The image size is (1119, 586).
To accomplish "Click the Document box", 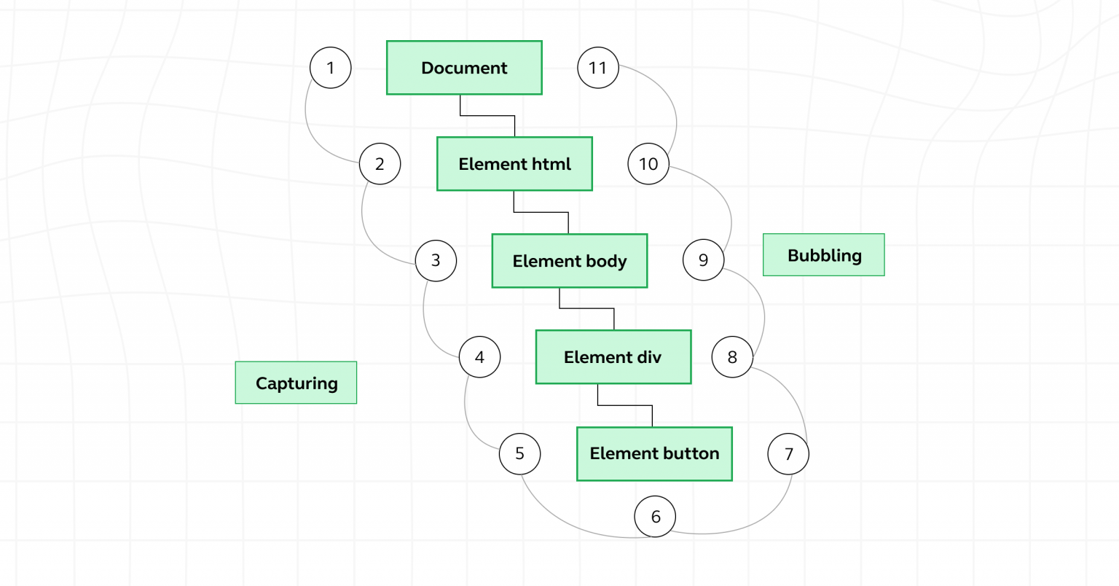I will pyautogui.click(x=464, y=68).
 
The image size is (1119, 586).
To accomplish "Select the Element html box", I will pyautogui.click(x=514, y=164).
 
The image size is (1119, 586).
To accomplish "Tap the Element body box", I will pyautogui.click(x=569, y=261).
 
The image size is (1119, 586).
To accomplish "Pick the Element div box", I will pyautogui.click(x=613, y=357).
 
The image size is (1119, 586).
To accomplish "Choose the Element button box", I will pyautogui.click(x=654, y=453).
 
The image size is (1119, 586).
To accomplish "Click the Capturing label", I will pyautogui.click(x=296, y=383).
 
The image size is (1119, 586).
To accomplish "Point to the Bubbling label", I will pyautogui.click(x=823, y=255).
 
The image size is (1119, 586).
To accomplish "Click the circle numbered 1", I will pyautogui.click(x=331, y=68).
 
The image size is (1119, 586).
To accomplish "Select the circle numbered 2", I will pyautogui.click(x=380, y=164).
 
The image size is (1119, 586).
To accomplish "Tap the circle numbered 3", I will pyautogui.click(x=436, y=260).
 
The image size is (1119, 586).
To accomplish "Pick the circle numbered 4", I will pyautogui.click(x=479, y=357).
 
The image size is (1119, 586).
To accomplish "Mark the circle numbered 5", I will pyautogui.click(x=519, y=453).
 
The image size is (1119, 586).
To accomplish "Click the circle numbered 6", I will pyautogui.click(x=655, y=517).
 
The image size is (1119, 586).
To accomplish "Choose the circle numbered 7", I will pyautogui.click(x=788, y=453).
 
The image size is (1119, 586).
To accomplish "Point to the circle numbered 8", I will pyautogui.click(x=732, y=357).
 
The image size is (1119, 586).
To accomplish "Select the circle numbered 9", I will pyautogui.click(x=703, y=260).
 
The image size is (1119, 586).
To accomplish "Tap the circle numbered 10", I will pyautogui.click(x=648, y=164).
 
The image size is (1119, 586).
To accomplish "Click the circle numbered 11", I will pyautogui.click(x=597, y=68).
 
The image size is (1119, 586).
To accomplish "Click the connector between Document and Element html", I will pyautogui.click(x=487, y=115).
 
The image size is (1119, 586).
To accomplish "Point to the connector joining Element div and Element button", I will pyautogui.click(x=625, y=405).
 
